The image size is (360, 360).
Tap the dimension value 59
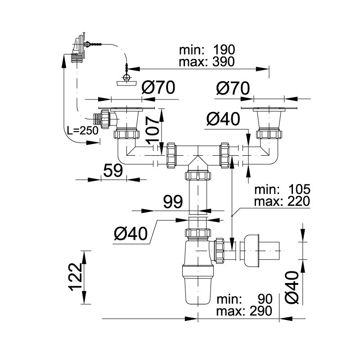(x=113, y=171)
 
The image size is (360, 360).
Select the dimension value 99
(x=173, y=202)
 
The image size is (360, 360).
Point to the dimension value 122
(x=76, y=277)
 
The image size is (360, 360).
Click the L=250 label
(x=83, y=130)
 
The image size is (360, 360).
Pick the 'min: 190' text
(x=207, y=50)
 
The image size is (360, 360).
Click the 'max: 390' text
(x=207, y=62)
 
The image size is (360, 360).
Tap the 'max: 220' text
(x=282, y=201)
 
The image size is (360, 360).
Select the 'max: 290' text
(x=244, y=311)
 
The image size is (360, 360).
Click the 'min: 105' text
(x=283, y=189)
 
